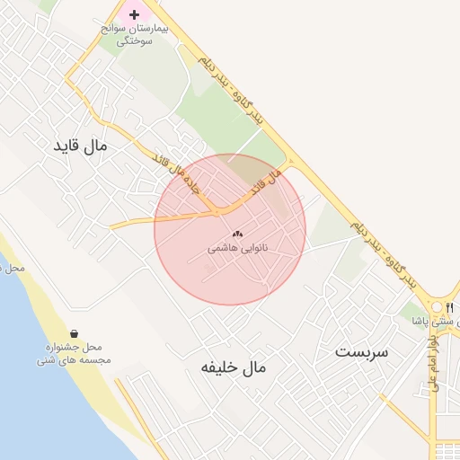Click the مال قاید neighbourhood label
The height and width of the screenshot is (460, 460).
coord(80,144)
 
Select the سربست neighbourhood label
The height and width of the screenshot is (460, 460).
coord(361,350)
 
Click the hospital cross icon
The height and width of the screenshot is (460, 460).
coord(135,14)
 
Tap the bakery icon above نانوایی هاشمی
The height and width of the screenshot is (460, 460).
coord(238,234)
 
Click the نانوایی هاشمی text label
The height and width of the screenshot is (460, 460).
coord(238,246)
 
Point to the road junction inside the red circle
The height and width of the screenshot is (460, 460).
coord(218,213)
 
